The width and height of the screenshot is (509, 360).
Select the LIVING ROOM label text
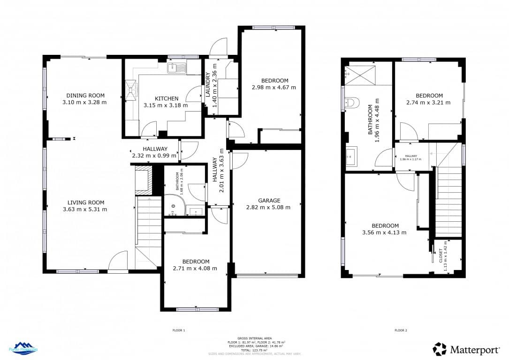(x=84, y=202)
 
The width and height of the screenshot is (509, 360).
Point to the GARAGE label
(x=269, y=200)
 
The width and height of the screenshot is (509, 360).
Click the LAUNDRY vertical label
(x=208, y=85)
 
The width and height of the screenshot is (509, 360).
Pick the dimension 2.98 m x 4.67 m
(x=273, y=87)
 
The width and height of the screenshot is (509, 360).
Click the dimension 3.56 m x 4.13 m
(x=384, y=232)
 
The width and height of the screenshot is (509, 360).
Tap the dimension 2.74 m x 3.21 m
(x=428, y=103)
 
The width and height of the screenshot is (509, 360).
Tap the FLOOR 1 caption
(x=179, y=330)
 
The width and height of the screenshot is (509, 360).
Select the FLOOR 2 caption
(x=400, y=330)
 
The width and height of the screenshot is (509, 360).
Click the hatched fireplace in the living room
(x=143, y=180)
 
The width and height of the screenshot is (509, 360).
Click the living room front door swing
(x=118, y=261)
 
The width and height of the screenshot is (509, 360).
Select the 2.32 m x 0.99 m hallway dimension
(x=153, y=156)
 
